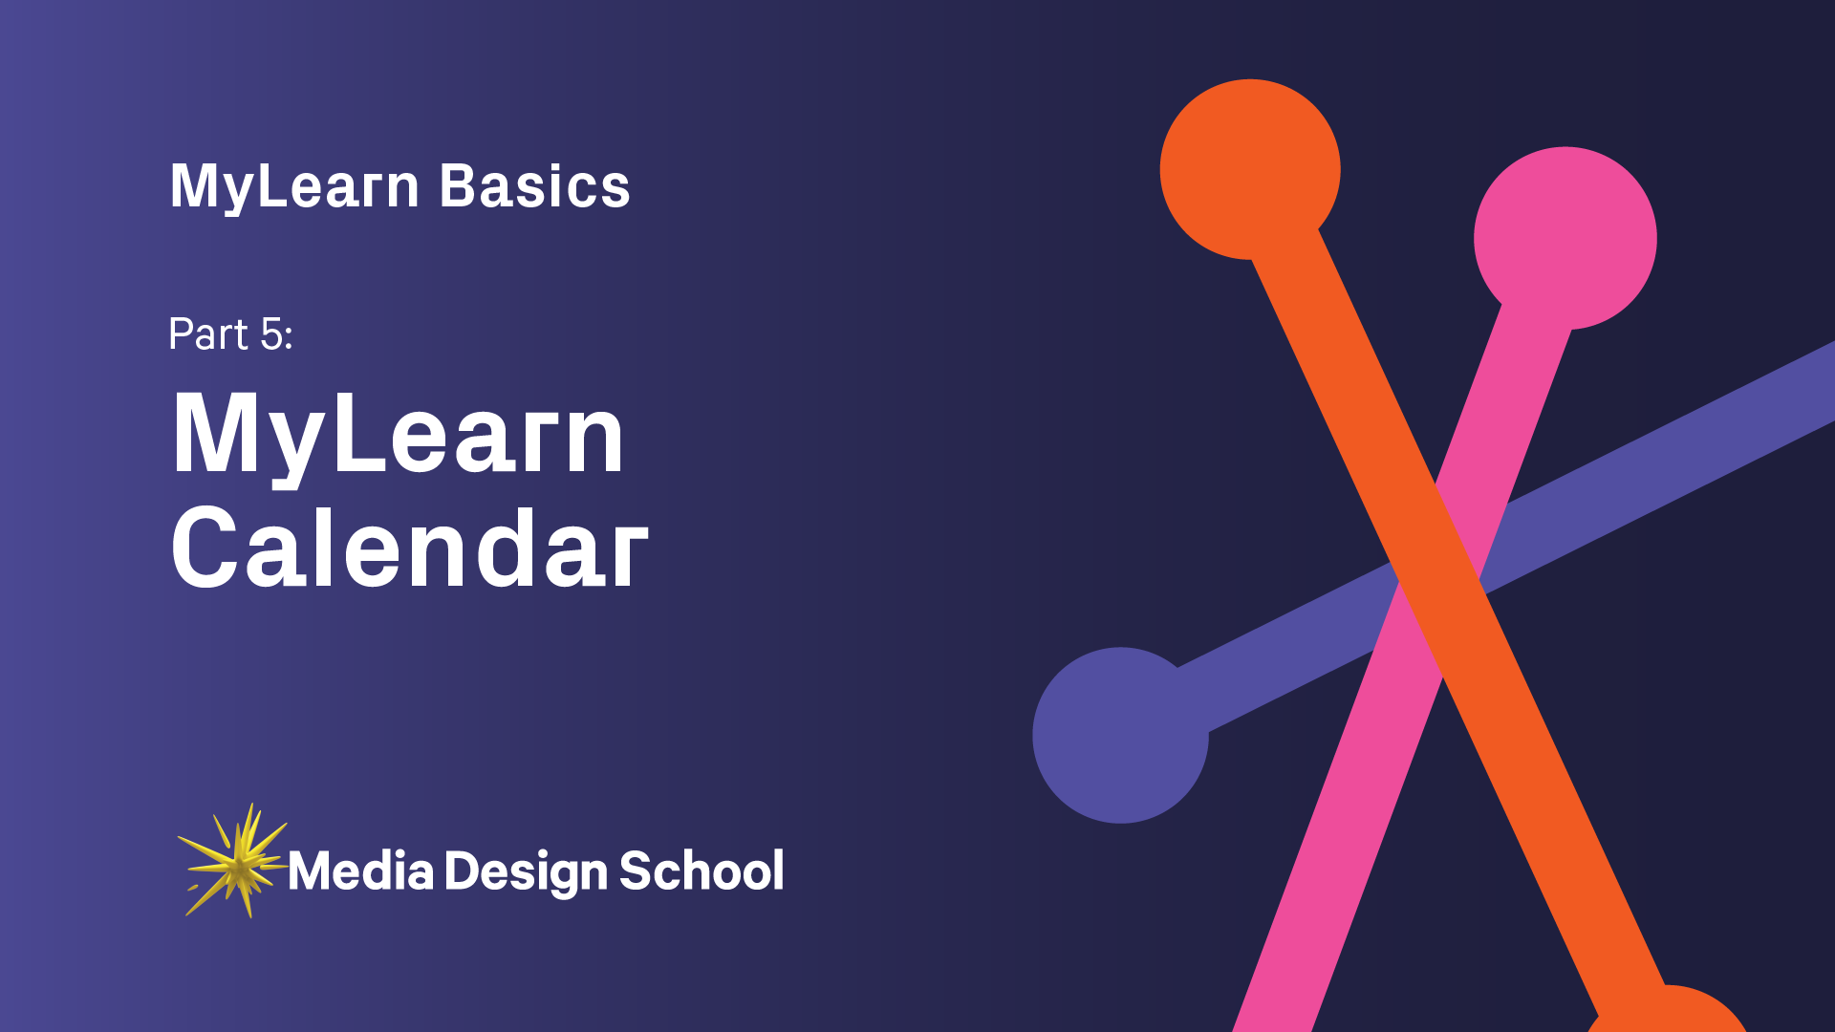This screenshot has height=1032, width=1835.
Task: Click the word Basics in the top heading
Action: (x=534, y=185)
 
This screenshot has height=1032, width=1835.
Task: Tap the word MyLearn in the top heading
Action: (x=294, y=185)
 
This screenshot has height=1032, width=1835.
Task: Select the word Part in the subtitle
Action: (x=208, y=333)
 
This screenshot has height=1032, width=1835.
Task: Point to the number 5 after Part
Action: (x=272, y=334)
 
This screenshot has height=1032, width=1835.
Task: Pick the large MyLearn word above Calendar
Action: (x=398, y=435)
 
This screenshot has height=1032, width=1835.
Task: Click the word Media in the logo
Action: (x=360, y=871)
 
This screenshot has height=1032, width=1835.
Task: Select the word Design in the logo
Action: (x=526, y=871)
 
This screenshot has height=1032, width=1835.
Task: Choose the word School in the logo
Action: (x=702, y=871)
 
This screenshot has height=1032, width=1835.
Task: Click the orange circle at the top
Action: (x=1249, y=169)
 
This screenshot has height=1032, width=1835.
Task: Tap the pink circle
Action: (x=1565, y=238)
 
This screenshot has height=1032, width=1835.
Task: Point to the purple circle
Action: (x=1120, y=735)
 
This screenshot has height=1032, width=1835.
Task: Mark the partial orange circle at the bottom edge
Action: (x=1668, y=1013)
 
